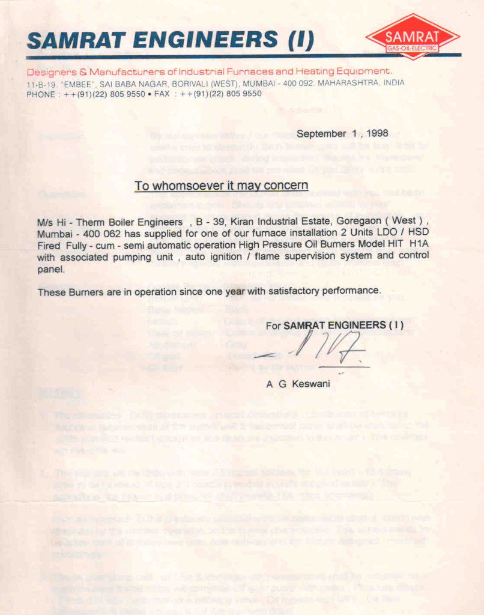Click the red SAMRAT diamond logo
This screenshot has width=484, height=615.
413,36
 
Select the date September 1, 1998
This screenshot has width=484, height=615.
342,133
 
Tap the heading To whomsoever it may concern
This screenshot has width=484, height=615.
221,186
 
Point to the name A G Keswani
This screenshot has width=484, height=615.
298,384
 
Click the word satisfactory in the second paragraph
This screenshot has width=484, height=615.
298,291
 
